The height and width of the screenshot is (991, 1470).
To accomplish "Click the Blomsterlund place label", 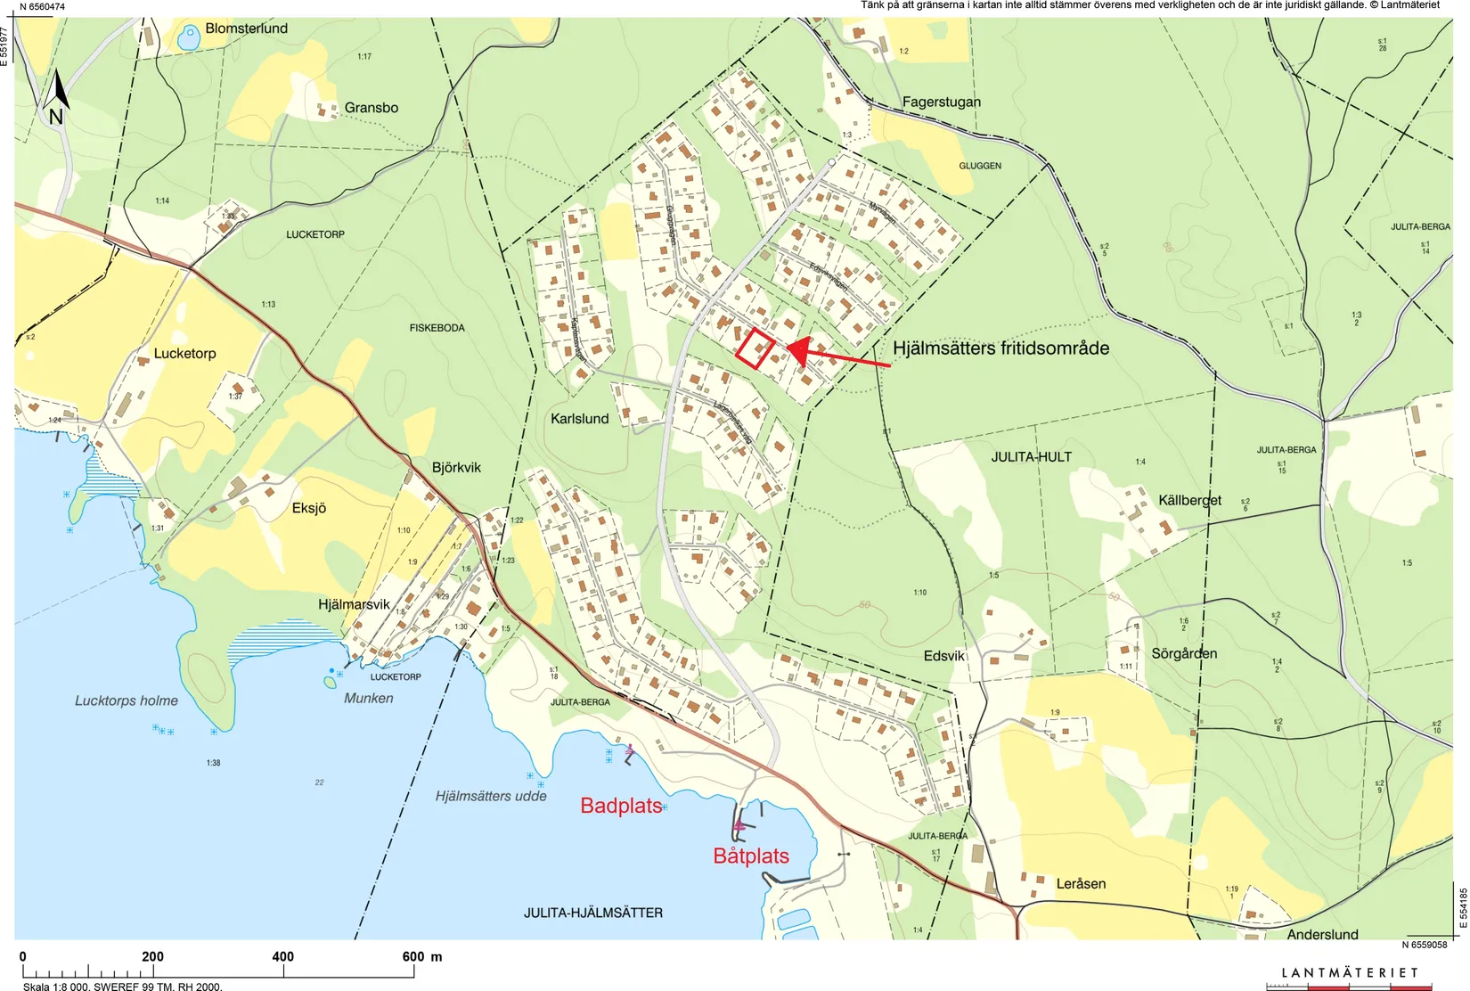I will [x=246, y=29].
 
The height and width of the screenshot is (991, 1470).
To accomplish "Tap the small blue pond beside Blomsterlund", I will [x=189, y=38].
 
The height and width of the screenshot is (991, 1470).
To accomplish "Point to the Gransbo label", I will [x=371, y=108].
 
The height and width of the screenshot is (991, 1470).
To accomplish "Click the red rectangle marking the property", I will [x=755, y=348].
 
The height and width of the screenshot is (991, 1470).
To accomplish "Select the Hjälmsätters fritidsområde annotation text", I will [x=1000, y=348].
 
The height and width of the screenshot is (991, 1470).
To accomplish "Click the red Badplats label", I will [x=621, y=806].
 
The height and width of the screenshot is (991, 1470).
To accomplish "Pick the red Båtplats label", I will [x=751, y=856].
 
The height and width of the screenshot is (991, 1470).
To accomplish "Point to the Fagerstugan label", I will [x=941, y=102].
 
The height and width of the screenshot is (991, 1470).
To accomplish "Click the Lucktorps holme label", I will [x=127, y=701].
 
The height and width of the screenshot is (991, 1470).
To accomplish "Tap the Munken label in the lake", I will [x=369, y=699].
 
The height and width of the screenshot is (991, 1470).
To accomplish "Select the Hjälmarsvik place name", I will [x=354, y=604].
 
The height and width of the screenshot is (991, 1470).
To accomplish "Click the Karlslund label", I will [x=580, y=419].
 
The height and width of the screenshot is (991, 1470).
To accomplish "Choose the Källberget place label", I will [x=1189, y=500].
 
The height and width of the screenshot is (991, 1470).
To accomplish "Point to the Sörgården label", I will [x=1184, y=654].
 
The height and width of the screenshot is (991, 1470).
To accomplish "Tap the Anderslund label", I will [x=1322, y=934].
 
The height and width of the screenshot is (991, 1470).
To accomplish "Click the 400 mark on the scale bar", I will [x=282, y=957].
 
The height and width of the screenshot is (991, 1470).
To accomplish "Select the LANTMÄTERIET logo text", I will [x=1349, y=973].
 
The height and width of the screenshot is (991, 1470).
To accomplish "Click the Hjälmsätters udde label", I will [x=491, y=796].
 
